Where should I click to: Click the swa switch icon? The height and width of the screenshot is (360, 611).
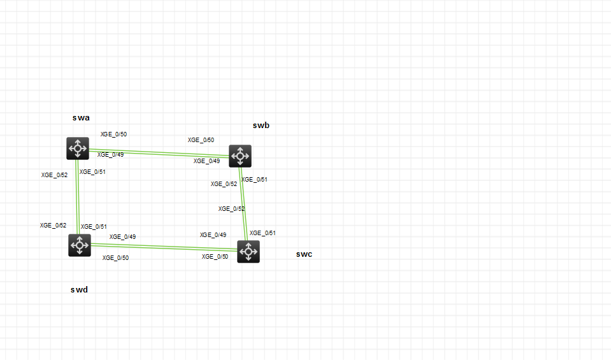point(78,148)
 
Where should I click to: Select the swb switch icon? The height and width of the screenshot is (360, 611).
point(240,155)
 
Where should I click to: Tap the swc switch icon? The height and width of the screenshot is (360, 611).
point(248,252)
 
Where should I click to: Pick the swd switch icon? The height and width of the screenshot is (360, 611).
point(80,245)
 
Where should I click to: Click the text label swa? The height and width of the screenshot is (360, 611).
point(81,118)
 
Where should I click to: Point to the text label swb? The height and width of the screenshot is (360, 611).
point(261,126)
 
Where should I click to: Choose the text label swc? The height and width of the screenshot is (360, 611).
point(304,254)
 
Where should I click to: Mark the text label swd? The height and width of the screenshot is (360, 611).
point(79,290)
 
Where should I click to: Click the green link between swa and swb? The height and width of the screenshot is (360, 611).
point(159,152)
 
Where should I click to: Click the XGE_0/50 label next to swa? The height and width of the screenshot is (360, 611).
point(114,134)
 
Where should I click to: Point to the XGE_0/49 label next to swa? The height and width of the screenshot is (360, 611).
point(110,155)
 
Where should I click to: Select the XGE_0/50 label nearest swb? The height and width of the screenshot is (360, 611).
point(201,140)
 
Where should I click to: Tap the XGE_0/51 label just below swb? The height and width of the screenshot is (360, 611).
point(255,180)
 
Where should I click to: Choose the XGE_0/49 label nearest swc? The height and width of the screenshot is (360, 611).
point(213,235)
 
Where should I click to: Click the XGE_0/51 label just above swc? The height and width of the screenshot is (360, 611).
point(262,233)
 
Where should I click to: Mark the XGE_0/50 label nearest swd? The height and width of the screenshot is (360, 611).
point(115,258)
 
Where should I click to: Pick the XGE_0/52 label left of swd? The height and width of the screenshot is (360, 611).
point(53,226)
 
